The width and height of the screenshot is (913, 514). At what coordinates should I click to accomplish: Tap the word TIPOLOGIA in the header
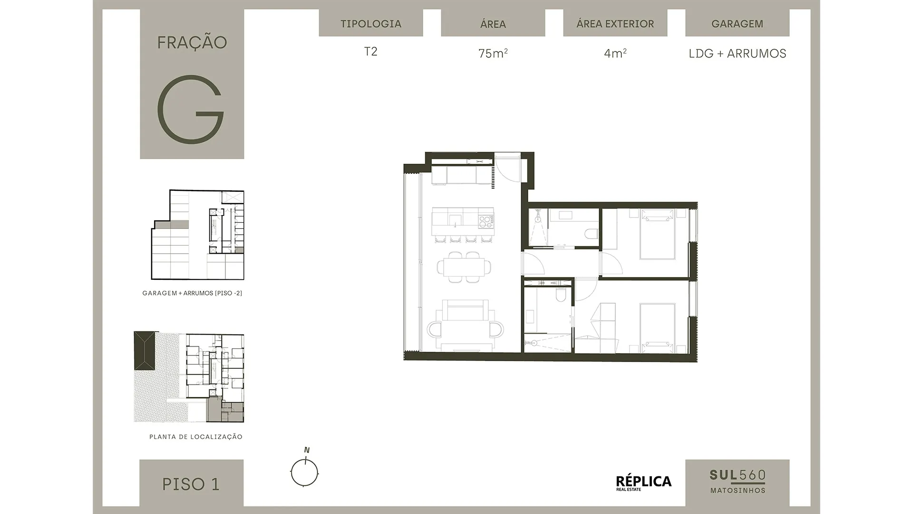pos(371,24)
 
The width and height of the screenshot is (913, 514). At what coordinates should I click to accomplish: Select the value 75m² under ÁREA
pos(493,53)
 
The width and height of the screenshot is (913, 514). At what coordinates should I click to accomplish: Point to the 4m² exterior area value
pos(615,53)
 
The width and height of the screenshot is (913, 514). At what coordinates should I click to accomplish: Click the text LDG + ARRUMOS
pos(738,53)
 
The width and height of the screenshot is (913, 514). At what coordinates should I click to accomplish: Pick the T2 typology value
pos(371,51)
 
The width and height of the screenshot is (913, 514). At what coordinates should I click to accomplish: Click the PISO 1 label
pos(191,484)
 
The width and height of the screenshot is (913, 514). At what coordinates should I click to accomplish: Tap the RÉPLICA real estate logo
pos(644,483)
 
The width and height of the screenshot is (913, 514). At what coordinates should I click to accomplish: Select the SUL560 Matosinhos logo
pos(738,481)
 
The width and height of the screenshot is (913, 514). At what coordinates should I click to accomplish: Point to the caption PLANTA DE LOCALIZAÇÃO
pos(196,437)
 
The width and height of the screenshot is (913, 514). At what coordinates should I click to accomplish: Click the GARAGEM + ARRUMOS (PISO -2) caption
pos(192,293)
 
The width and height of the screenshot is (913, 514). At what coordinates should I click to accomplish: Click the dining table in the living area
pos(464,267)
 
